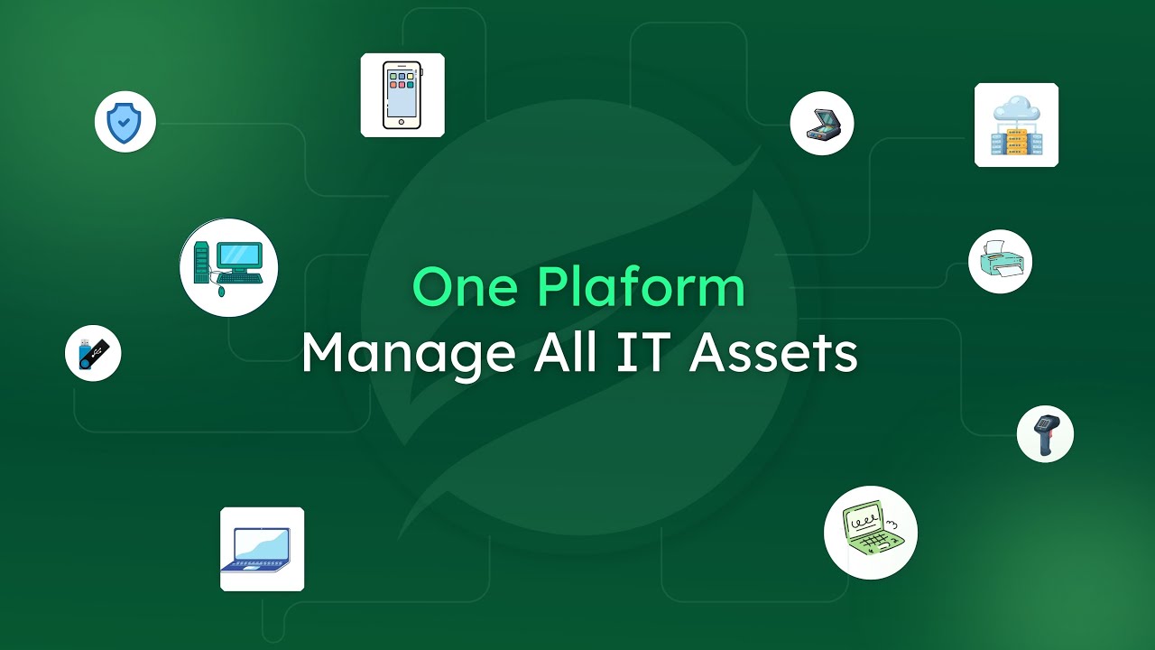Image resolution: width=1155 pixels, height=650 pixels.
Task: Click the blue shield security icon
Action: pyautogui.click(x=125, y=122)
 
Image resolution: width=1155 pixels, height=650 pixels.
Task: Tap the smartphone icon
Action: pyautogui.click(x=402, y=95)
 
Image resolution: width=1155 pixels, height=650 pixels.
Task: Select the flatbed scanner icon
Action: pyautogui.click(x=821, y=123)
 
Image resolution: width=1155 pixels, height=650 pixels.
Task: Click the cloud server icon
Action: pyautogui.click(x=1016, y=125)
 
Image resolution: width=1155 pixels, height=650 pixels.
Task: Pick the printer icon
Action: pyautogui.click(x=1000, y=261)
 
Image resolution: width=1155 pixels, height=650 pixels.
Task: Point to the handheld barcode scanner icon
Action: pyautogui.click(x=1045, y=433)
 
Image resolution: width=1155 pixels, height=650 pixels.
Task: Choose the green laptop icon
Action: pyautogui.click(x=870, y=532)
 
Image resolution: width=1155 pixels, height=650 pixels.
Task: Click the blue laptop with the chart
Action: pyautogui.click(x=262, y=549)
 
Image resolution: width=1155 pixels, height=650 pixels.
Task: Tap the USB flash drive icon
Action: pyautogui.click(x=93, y=353)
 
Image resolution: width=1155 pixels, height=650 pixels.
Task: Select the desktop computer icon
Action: pyautogui.click(x=229, y=267)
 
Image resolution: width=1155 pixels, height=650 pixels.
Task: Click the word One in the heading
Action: pyautogui.click(x=466, y=288)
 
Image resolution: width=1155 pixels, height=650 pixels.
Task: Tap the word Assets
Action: pyautogui.click(x=772, y=352)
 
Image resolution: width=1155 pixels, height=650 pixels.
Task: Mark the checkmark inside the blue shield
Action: pyautogui.click(x=125, y=122)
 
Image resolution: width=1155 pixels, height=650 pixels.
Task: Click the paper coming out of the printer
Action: pyautogui.click(x=995, y=248)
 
